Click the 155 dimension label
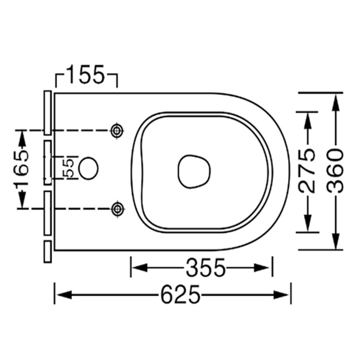point(86,76)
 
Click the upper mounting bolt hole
point(118,130)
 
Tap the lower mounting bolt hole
point(118,208)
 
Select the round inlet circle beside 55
point(89,169)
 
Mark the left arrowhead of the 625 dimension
point(60,295)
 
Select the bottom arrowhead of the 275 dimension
point(308,226)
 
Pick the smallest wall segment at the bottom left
point(47,251)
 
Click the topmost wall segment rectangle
point(47,112)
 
